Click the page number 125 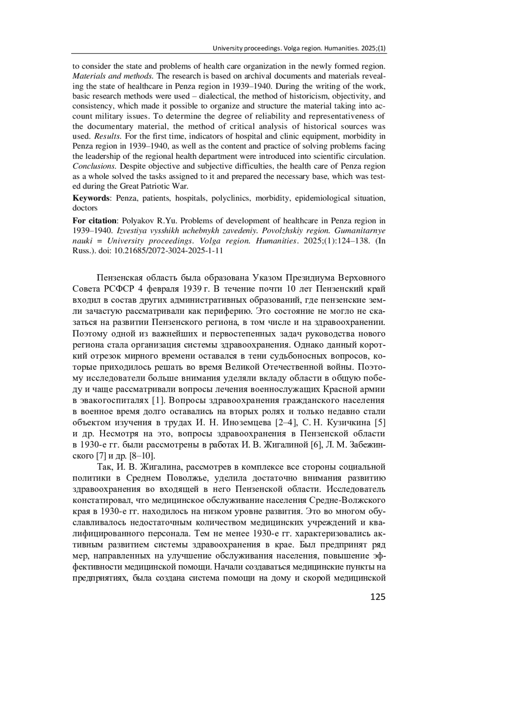pos(378,597)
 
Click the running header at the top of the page pos(299,49)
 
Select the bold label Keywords pos(91,198)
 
